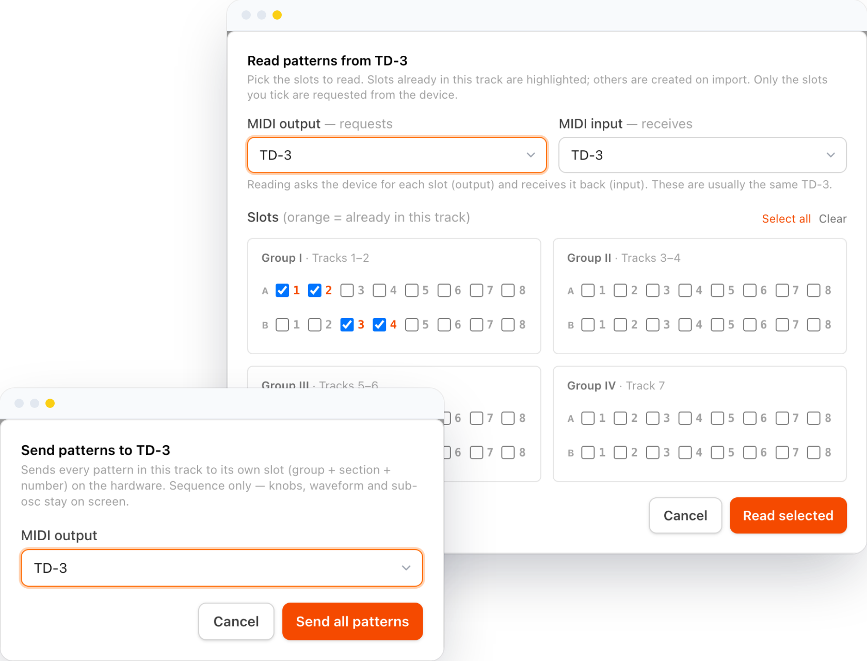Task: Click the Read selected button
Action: tap(788, 515)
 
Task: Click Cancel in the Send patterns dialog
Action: tap(236, 621)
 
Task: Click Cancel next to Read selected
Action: tap(685, 515)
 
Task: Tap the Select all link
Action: tap(786, 218)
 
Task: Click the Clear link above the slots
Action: tap(832, 218)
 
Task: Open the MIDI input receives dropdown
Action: tap(702, 155)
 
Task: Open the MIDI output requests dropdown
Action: tap(397, 155)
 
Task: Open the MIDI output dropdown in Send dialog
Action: tap(222, 568)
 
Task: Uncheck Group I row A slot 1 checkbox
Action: tap(282, 290)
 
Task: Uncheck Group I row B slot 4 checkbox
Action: tap(379, 325)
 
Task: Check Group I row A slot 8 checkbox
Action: tap(508, 290)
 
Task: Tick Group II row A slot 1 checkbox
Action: tap(588, 290)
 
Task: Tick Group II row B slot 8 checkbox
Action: tap(814, 325)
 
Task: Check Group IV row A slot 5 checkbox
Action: tap(717, 418)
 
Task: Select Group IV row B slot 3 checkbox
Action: tap(652, 452)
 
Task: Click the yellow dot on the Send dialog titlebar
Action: tap(50, 403)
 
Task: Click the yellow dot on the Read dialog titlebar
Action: tap(277, 15)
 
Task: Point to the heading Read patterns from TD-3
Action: tap(327, 61)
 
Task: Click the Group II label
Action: tap(589, 258)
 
